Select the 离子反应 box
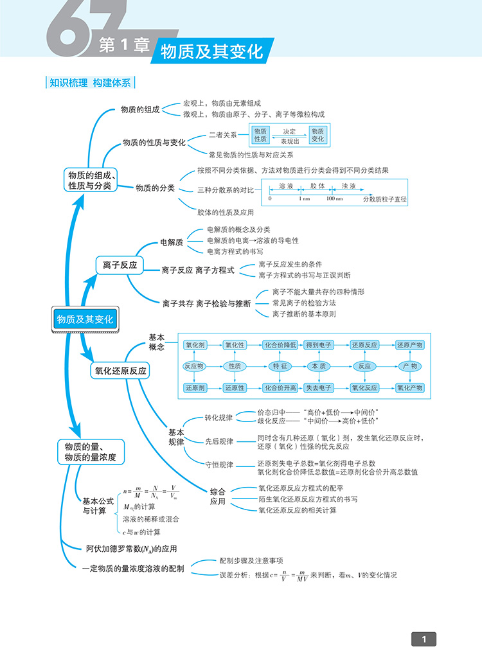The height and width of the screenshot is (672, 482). tap(120, 265)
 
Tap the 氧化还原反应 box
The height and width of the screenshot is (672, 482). tap(121, 371)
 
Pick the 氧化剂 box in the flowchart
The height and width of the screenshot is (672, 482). tap(195, 345)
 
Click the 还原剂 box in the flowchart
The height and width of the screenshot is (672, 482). tap(195, 388)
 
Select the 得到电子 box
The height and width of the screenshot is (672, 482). tap(319, 345)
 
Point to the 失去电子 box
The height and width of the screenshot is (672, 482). tap(319, 388)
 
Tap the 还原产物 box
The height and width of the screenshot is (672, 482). tap(409, 345)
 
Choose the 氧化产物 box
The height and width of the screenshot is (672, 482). tap(409, 388)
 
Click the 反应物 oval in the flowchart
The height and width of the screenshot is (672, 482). tap(194, 366)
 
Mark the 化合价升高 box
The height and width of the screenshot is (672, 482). tap(281, 388)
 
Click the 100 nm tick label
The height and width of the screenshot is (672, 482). tap(334, 199)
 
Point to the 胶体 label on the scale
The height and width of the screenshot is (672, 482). tap(317, 185)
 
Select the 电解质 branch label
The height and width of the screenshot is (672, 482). tap(172, 242)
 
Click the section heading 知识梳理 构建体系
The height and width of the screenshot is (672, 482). tap(90, 83)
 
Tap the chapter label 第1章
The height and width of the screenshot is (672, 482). tap(123, 46)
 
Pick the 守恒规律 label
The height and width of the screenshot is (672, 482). tap(219, 464)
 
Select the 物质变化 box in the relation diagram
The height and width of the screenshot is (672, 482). tap(318, 135)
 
